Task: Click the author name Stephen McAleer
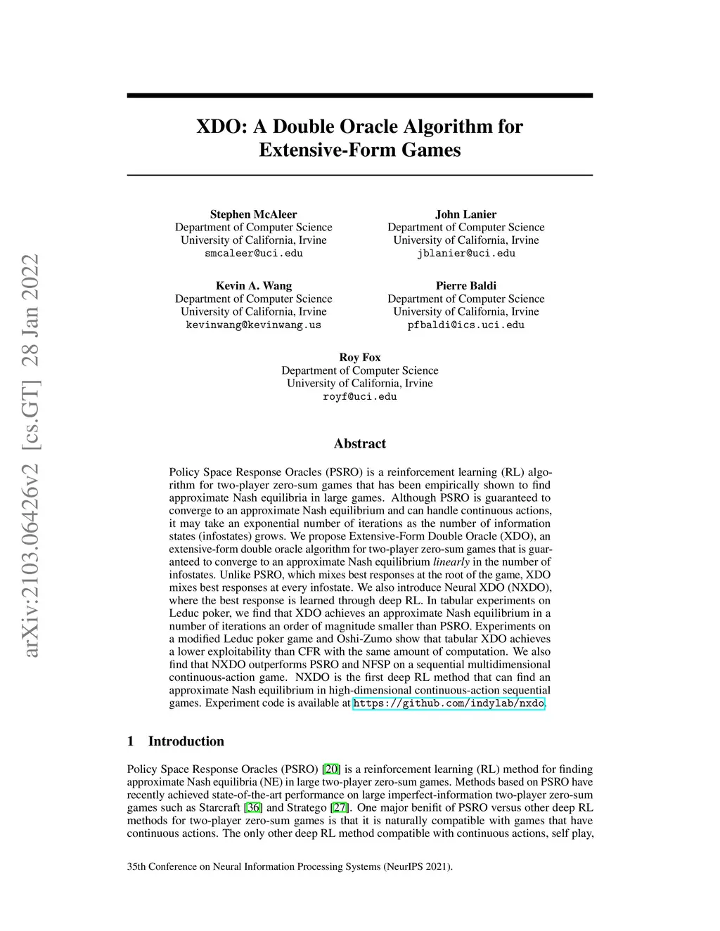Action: (253, 214)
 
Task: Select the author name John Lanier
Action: (465, 214)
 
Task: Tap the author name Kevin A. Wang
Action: (253, 285)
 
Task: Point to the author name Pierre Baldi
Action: (465, 285)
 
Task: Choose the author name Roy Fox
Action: (359, 357)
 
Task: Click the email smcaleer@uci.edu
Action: (253, 254)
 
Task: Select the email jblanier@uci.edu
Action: (465, 254)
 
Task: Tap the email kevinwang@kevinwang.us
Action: (253, 325)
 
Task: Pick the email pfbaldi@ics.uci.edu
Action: (465, 325)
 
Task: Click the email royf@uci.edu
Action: (359, 397)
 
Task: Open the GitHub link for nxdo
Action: (448, 703)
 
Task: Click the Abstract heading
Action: (359, 443)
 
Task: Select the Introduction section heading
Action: (186, 741)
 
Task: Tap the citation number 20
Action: (331, 769)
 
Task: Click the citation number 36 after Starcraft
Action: (253, 808)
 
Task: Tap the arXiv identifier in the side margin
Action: (30, 457)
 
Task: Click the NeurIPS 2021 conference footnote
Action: (290, 866)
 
